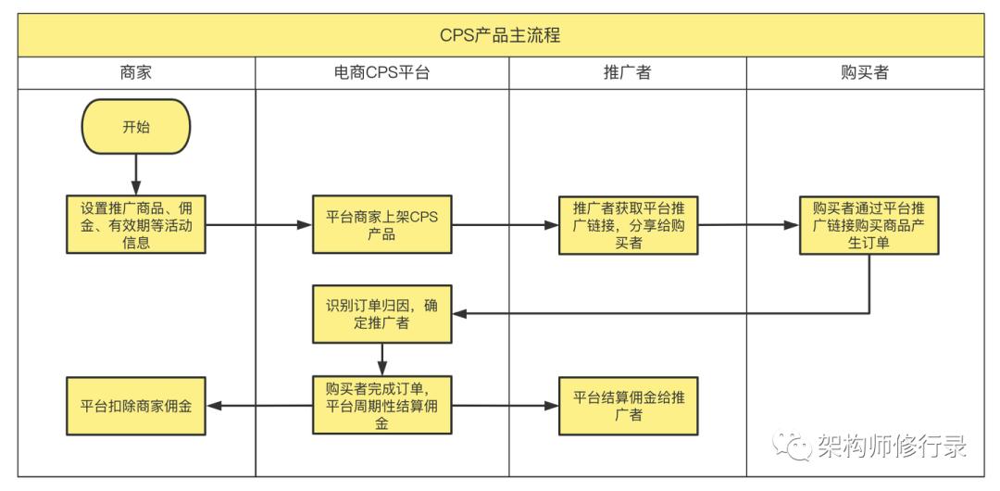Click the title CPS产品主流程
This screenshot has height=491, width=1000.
pos(500,36)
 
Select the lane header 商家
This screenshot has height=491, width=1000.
pos(136,73)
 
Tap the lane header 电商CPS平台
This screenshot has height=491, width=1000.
pos(381,73)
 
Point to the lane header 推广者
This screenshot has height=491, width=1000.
pos(627,73)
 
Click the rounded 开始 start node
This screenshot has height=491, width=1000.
pos(136,127)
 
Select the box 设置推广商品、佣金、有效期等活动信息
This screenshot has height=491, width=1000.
pos(136,224)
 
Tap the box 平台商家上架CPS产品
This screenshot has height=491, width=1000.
pos(381,224)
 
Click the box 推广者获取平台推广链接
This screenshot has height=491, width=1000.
pos(628,224)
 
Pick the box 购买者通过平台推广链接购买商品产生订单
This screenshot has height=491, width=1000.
pos(869,224)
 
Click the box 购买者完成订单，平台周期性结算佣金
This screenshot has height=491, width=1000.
pos(381,405)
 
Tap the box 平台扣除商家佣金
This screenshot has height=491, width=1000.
pos(136,405)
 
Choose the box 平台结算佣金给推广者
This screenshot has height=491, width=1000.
pos(628,405)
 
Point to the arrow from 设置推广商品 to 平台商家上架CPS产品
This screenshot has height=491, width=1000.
pos(259,224)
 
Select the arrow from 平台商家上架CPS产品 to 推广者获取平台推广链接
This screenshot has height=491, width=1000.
pos(506,224)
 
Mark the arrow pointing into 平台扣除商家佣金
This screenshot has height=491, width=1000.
pos(259,405)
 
